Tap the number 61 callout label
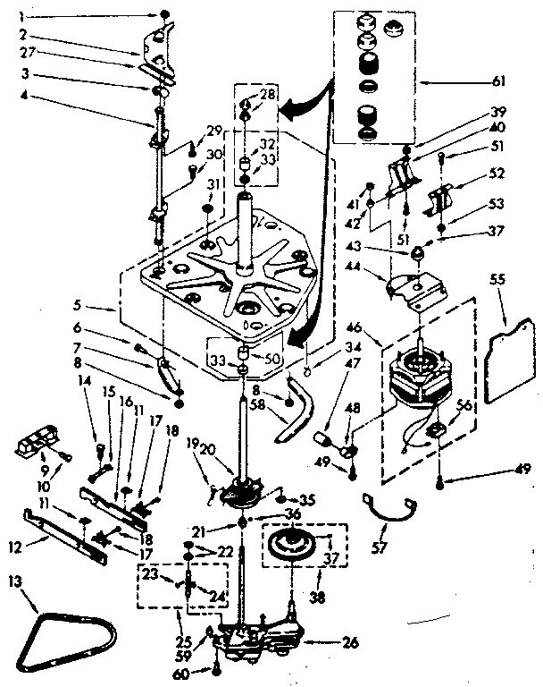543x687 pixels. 498,81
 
